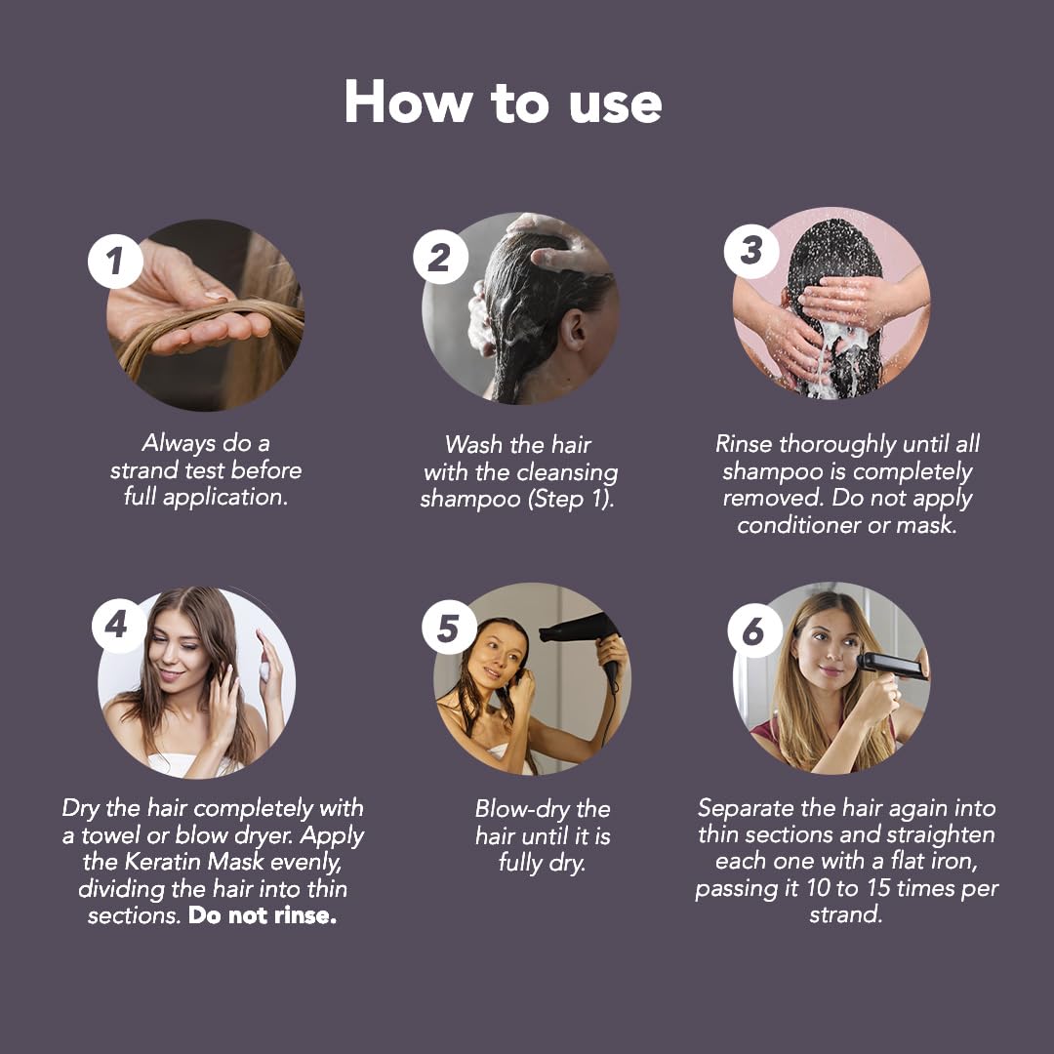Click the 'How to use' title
coord(503,102)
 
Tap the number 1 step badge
coord(116,260)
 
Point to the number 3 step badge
coord(750,251)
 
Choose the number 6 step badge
coord(752,631)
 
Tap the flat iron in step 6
coord(889,667)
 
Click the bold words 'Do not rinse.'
coord(263,916)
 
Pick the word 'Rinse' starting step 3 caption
coord(744,444)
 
